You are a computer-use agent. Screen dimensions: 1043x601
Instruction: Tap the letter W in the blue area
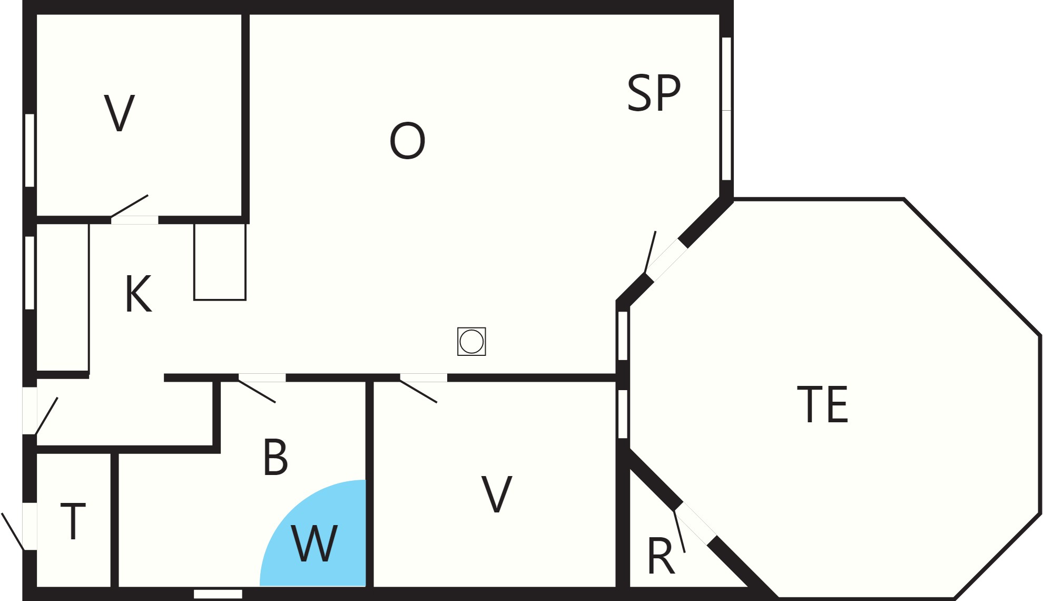(314, 544)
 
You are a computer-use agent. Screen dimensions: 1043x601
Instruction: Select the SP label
(654, 93)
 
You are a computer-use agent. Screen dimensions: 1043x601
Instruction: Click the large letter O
(407, 141)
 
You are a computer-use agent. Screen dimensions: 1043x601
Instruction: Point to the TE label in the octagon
(822, 404)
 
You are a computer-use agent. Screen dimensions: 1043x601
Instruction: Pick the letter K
(139, 294)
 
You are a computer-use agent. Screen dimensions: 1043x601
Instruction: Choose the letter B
(275, 457)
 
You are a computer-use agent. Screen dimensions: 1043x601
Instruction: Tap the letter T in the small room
(73, 521)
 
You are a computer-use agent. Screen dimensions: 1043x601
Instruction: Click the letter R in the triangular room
(661, 556)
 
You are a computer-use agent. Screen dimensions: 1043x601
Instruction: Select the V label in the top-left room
(120, 113)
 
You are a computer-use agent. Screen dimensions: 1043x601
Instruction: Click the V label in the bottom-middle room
(497, 494)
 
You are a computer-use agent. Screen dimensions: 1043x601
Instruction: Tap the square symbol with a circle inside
(471, 342)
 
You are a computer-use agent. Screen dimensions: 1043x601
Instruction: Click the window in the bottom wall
(218, 594)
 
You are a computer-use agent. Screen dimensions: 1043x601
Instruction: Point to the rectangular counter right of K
(220, 261)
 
